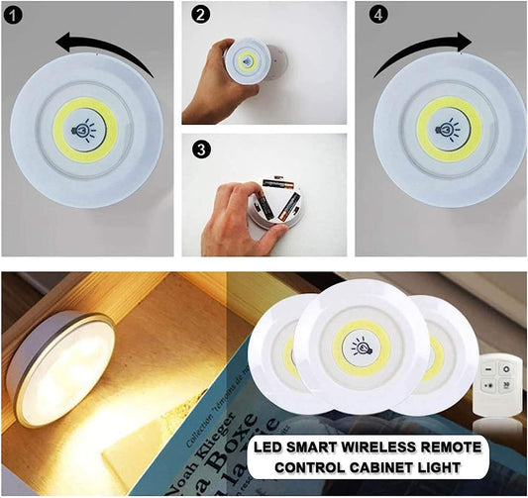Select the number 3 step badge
pos(202,149)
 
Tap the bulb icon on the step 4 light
pos(448,129)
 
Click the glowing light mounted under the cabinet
pos(59,367)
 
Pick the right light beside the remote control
pos(435,350)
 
